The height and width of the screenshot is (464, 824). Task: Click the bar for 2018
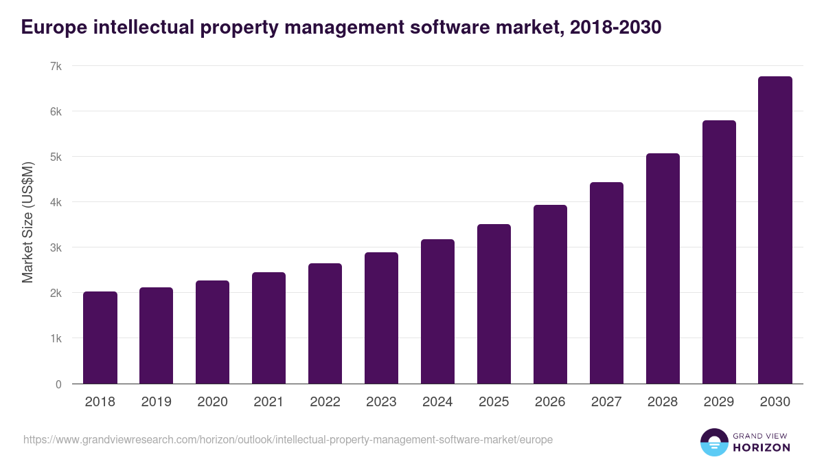pyautogui.click(x=100, y=338)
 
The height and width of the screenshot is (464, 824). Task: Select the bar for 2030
pyautogui.click(x=775, y=230)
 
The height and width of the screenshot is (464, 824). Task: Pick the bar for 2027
pyautogui.click(x=606, y=283)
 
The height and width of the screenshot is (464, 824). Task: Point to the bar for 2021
pyautogui.click(x=268, y=328)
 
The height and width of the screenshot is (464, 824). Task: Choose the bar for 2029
pyautogui.click(x=719, y=252)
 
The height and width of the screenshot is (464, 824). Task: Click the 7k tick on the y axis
pyautogui.click(x=56, y=66)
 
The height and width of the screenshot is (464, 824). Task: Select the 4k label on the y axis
pyautogui.click(x=56, y=202)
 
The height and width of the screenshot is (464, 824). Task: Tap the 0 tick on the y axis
pyautogui.click(x=58, y=384)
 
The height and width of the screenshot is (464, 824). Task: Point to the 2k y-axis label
pyautogui.click(x=56, y=294)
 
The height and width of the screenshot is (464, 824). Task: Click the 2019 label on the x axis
pyautogui.click(x=157, y=402)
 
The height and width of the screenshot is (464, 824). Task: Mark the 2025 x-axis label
pyautogui.click(x=494, y=402)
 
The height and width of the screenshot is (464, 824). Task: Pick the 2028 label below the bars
pyautogui.click(x=663, y=402)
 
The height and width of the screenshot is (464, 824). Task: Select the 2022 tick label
pyautogui.click(x=325, y=402)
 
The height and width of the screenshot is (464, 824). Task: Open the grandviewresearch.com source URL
pyautogui.click(x=288, y=439)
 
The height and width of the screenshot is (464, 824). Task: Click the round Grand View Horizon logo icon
pyautogui.click(x=713, y=442)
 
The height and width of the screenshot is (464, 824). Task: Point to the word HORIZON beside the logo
pyautogui.click(x=762, y=448)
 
